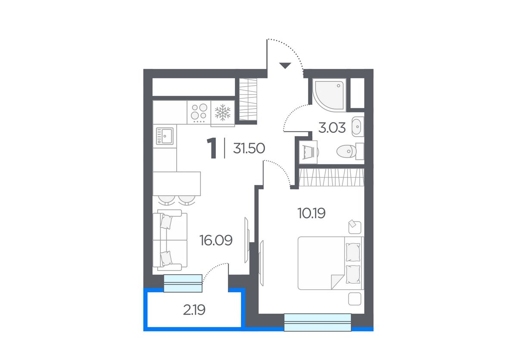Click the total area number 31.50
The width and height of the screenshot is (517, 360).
pyautogui.click(x=249, y=148)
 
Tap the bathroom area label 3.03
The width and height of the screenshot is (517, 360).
pyautogui.click(x=332, y=128)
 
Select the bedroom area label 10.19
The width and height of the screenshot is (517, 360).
pyautogui.click(x=311, y=213)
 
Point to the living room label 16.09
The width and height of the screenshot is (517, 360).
pyautogui.click(x=216, y=240)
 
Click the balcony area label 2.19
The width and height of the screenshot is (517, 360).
pyautogui.click(x=194, y=310)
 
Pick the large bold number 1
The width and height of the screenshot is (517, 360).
pyautogui.click(x=212, y=148)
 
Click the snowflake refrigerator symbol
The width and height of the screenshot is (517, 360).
pyautogui.click(x=223, y=113)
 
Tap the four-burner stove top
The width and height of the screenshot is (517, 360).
pyautogui.click(x=199, y=112)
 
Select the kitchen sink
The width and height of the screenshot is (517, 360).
pyautogui.click(x=165, y=136)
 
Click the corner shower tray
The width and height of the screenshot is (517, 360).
pyautogui.click(x=329, y=95)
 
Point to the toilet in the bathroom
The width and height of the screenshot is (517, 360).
pyautogui.click(x=350, y=151)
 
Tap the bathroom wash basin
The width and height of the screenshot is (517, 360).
pyautogui.click(x=358, y=127)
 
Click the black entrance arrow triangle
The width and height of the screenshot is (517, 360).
pyautogui.click(x=285, y=66)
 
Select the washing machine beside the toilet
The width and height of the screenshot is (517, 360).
pyautogui.click(x=308, y=152)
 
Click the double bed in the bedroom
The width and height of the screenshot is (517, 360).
pyautogui.click(x=331, y=263)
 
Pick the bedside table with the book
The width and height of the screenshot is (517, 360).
pyautogui.click(x=355, y=228)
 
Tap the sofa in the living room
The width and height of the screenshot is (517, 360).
pyautogui.click(x=170, y=240)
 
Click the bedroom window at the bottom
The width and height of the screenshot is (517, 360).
pyautogui.click(x=318, y=322)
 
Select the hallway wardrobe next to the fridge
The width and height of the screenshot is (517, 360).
pyautogui.click(x=248, y=99)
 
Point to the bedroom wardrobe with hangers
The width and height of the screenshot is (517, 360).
pyautogui.click(x=331, y=177)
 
